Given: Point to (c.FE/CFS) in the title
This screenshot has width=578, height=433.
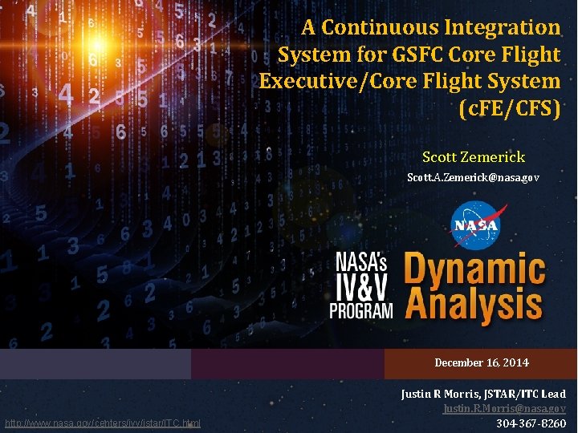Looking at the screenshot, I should tap(508, 108).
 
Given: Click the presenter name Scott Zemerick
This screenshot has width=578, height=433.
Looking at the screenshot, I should tap(473, 157).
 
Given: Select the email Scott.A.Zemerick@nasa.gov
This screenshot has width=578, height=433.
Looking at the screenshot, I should tap(473, 176).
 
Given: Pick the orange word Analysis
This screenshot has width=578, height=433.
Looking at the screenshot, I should tap(474, 307).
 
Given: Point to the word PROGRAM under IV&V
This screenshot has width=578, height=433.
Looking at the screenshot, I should tap(364, 310).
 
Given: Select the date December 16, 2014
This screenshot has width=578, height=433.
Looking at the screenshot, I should tap(482, 363).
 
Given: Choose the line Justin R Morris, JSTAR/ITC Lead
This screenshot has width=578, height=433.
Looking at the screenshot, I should tap(483, 394).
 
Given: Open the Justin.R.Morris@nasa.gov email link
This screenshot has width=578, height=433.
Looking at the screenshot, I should tap(504, 409).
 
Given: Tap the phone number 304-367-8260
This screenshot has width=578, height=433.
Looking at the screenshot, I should tap(531, 423).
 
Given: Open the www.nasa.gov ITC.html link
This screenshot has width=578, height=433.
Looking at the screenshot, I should tap(103, 423).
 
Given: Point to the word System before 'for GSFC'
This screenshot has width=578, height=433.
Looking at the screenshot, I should tap(312, 55).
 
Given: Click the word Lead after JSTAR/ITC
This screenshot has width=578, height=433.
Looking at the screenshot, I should tap(553, 394).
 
